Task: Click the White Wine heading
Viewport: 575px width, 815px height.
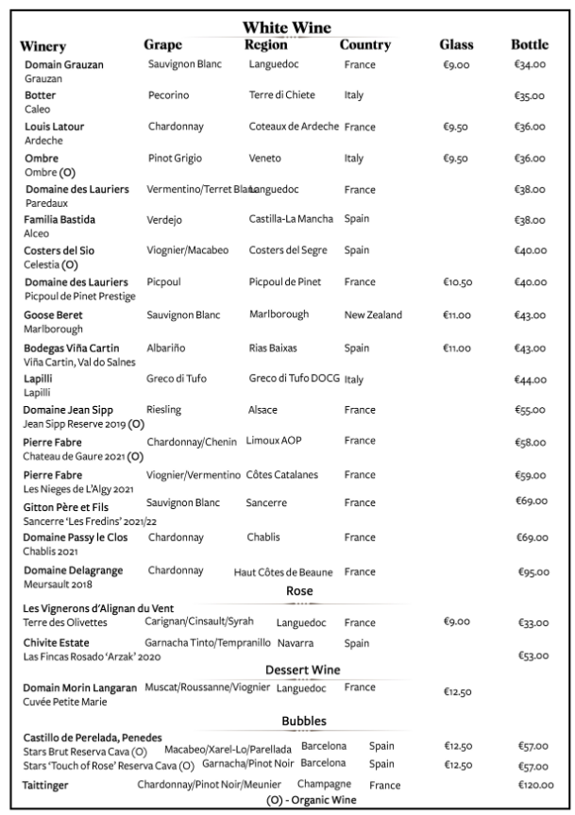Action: pyautogui.click(x=286, y=27)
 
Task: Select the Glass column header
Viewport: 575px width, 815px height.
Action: pyautogui.click(x=456, y=45)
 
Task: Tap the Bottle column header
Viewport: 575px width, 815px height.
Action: pyautogui.click(x=530, y=45)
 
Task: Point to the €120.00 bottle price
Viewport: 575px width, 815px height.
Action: pyautogui.click(x=535, y=785)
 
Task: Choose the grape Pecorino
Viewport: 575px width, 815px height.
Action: pyautogui.click(x=168, y=95)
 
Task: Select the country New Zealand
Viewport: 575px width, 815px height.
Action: pyautogui.click(x=373, y=314)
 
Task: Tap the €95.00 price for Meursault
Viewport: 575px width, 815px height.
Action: pyautogui.click(x=535, y=572)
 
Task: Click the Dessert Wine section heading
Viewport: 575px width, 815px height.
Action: pyautogui.click(x=302, y=670)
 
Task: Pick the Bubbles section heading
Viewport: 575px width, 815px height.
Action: pyautogui.click(x=303, y=721)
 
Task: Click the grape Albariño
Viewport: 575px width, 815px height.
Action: pyautogui.click(x=167, y=348)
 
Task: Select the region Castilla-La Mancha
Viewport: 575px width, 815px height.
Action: pyautogui.click(x=291, y=219)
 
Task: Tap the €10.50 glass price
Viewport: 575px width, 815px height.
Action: pyautogui.click(x=457, y=282)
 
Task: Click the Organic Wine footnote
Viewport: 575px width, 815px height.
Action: pyautogui.click(x=311, y=800)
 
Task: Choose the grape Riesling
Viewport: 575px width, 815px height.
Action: pyautogui.click(x=164, y=410)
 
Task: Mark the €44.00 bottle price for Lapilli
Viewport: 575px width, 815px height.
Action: pyautogui.click(x=531, y=380)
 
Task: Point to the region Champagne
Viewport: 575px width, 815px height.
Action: pyautogui.click(x=324, y=784)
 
